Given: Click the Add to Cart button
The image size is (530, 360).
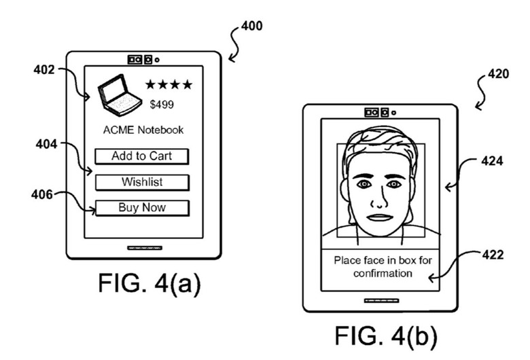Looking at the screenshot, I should (141, 156).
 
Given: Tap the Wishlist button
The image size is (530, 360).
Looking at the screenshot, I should (141, 182).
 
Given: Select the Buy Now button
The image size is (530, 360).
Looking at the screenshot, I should (141, 208).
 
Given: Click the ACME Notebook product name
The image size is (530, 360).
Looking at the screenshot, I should (143, 130).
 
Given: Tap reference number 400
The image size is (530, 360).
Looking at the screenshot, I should (251, 26).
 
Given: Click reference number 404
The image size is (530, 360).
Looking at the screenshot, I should (46, 143).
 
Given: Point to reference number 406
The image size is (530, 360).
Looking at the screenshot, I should (42, 194).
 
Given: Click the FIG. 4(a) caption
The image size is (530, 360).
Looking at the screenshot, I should (149, 283).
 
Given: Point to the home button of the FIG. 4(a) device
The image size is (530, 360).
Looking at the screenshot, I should (144, 248).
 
